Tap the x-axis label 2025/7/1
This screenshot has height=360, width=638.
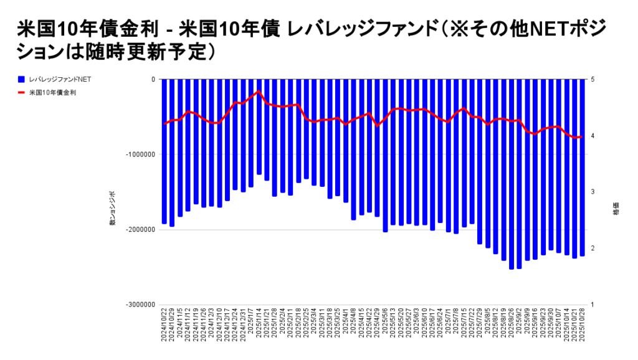(x=449, y=325)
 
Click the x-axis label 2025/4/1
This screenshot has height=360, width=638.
(x=346, y=325)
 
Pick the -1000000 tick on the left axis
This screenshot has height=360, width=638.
(x=141, y=154)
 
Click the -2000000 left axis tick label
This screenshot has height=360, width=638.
(x=141, y=230)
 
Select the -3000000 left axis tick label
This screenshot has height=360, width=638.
(x=141, y=305)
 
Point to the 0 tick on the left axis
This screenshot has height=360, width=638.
(x=153, y=80)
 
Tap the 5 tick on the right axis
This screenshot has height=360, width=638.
(x=593, y=80)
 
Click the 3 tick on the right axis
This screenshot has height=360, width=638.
(x=593, y=192)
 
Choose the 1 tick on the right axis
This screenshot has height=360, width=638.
(x=593, y=305)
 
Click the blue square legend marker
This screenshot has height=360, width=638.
(x=22, y=80)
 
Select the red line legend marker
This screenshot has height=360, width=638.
(x=22, y=93)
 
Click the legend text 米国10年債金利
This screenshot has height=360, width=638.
(x=52, y=93)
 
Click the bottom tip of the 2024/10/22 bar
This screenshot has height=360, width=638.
(x=164, y=223)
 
